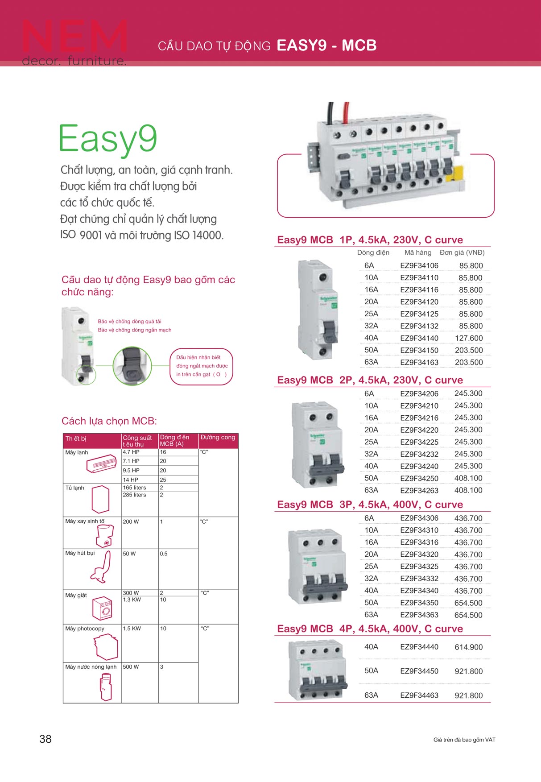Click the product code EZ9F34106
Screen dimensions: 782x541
tap(419, 265)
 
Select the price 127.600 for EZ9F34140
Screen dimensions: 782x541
tap(468, 338)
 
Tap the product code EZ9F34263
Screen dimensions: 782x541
tap(419, 490)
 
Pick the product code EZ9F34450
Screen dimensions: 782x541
tap(419, 671)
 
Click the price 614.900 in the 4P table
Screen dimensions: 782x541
tap(468, 647)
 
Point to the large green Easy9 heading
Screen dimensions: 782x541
tap(108, 139)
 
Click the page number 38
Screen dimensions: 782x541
tap(45, 739)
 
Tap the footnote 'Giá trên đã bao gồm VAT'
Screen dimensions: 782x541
tap(464, 740)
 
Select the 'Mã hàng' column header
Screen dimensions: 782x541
tap(418, 252)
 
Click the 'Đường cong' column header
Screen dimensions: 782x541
tap(218, 437)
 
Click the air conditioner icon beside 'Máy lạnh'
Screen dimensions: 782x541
tap(101, 464)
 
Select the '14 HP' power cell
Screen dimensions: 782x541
tap(131, 480)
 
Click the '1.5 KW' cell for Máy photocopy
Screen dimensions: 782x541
tap(132, 629)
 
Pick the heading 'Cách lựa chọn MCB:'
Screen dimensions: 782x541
tap(109, 421)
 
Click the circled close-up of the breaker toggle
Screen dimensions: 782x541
tap(132, 366)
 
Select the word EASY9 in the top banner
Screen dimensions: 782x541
tap(301, 46)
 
